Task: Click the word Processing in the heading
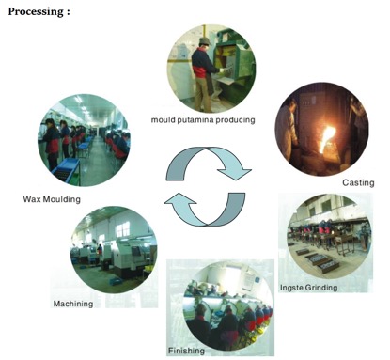pos(35,12)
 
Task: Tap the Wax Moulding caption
pos(52,199)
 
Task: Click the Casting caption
pos(358,182)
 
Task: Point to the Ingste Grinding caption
pos(309,288)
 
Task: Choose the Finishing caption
pos(186,351)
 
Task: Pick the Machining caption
pos(73,304)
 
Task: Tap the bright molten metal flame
pos(327,137)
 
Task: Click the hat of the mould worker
pos(205,40)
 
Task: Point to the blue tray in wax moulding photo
pos(67,168)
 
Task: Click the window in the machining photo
pos(123,229)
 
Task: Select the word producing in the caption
pos(236,120)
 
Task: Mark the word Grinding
pos(321,288)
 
